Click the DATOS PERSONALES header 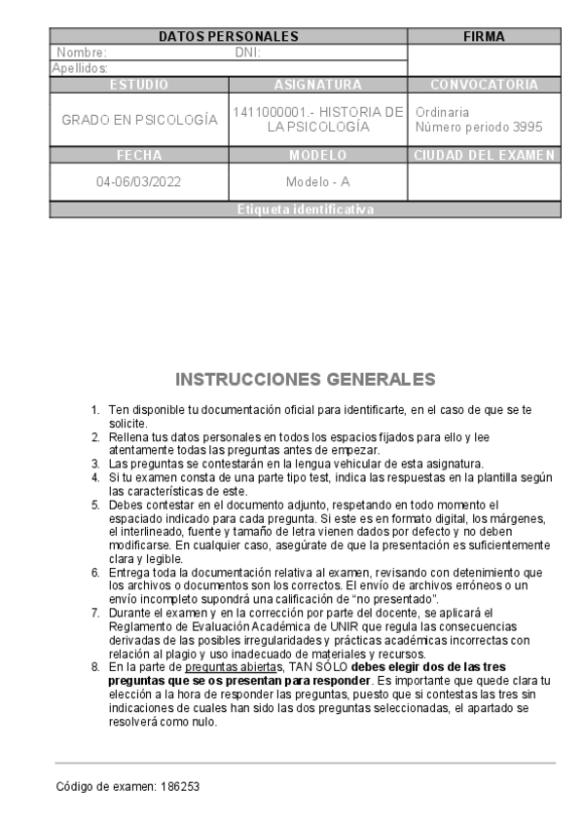[x=228, y=37]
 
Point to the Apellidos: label [x=80, y=68]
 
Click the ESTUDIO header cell [x=139, y=85]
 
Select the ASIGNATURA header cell [x=318, y=85]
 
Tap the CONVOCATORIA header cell [x=484, y=85]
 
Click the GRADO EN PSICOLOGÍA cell [x=139, y=120]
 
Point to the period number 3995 [x=527, y=127]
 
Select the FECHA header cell [x=139, y=155]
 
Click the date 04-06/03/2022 [x=139, y=182]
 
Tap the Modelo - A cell [x=318, y=182]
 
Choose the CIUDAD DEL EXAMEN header [x=484, y=155]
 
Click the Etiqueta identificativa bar [x=305, y=209]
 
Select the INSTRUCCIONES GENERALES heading [x=306, y=378]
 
